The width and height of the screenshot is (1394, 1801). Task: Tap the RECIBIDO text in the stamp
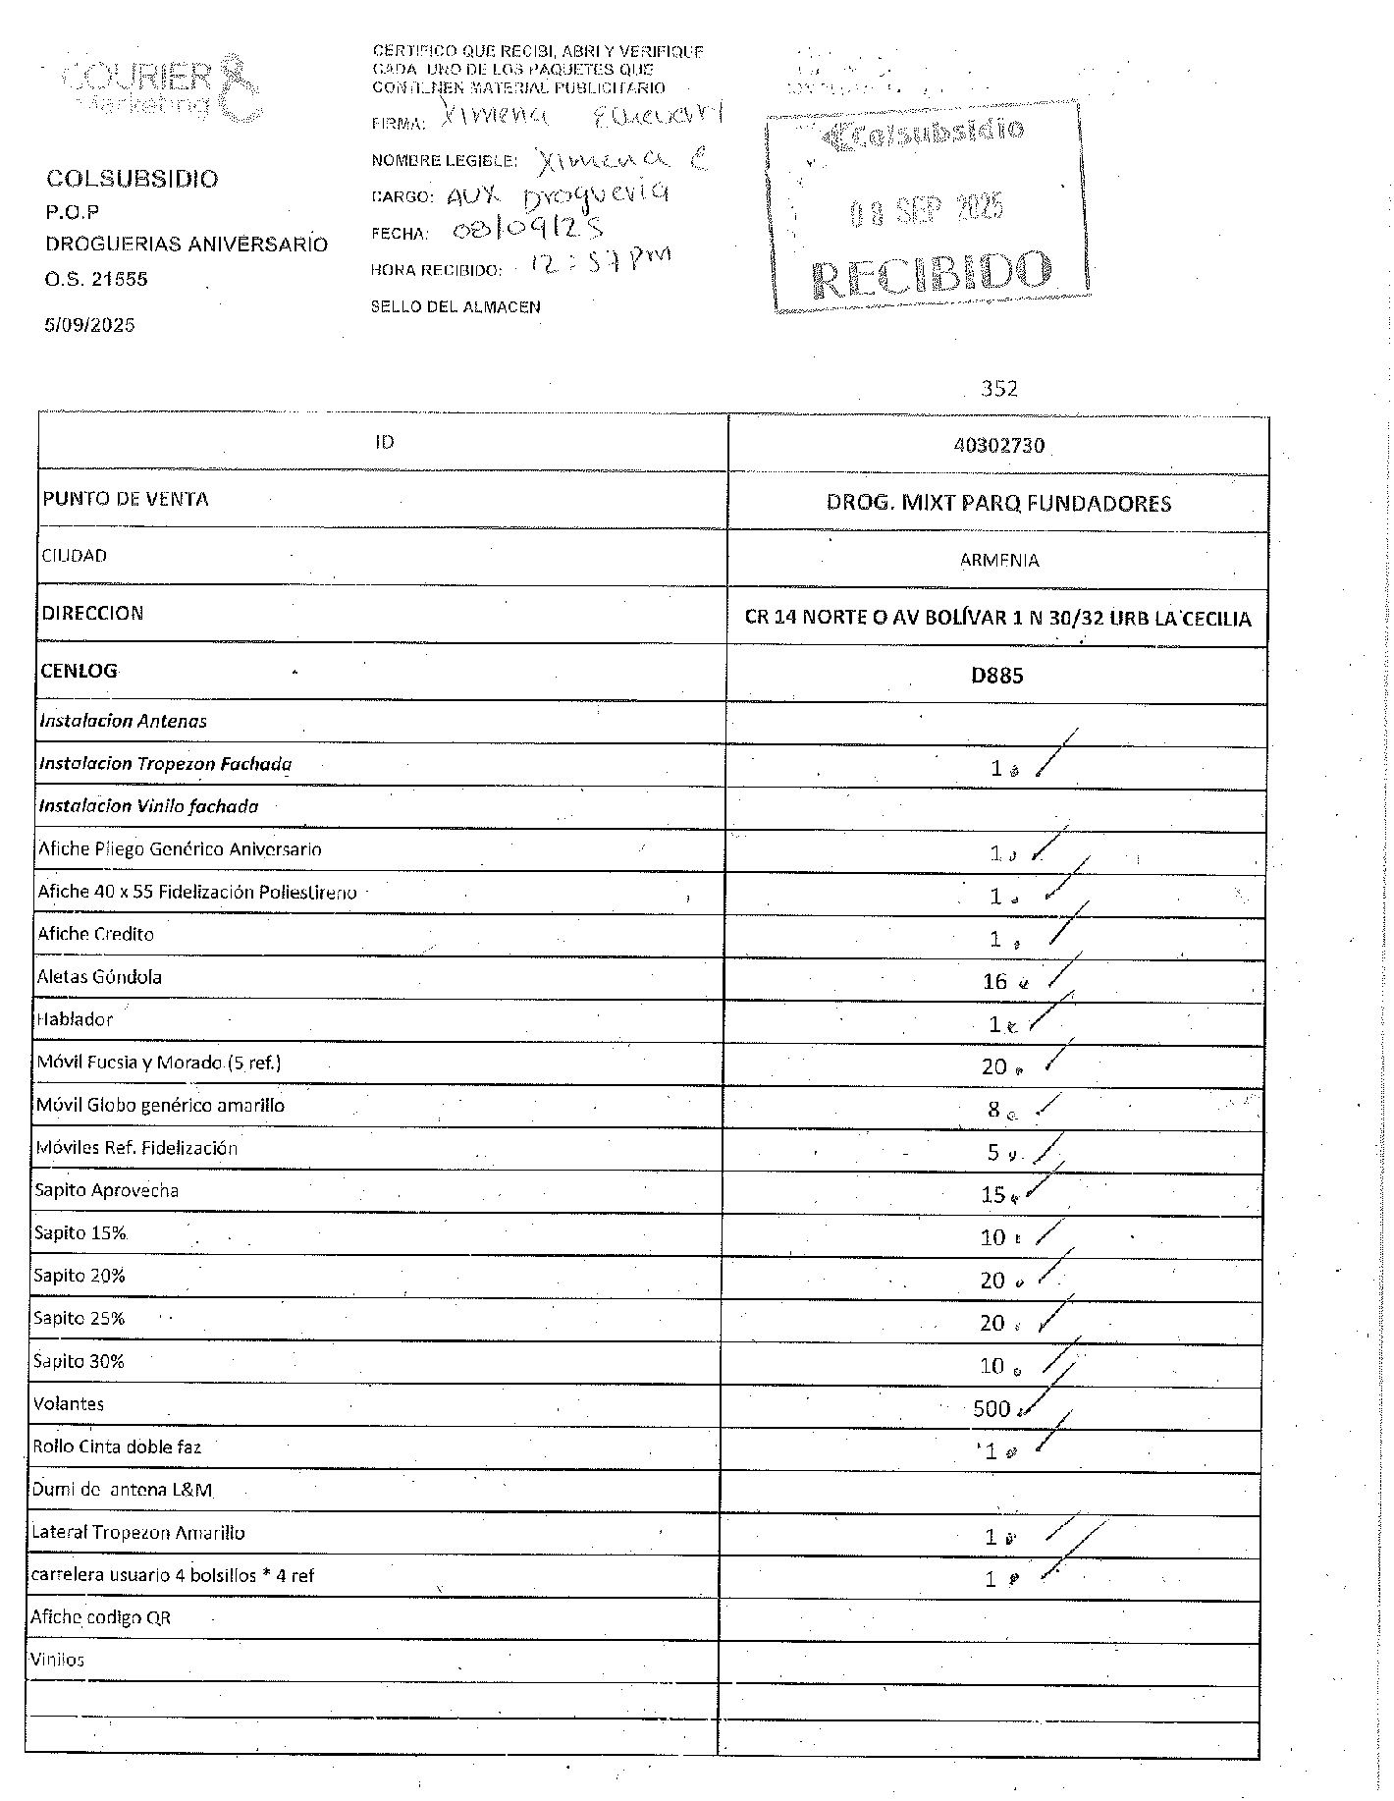(x=932, y=275)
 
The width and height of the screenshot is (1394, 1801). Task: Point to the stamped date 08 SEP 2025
(x=927, y=208)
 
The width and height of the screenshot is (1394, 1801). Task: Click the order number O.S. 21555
(x=96, y=279)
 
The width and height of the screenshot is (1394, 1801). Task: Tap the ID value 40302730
(x=998, y=446)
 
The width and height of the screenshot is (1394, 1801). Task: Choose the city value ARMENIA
(x=998, y=561)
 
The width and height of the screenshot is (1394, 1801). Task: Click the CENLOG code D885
(x=997, y=675)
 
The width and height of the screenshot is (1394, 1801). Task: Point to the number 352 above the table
(x=999, y=389)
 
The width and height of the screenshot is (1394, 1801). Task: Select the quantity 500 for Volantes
(x=992, y=1409)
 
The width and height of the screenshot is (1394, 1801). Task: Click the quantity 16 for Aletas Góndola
(x=994, y=981)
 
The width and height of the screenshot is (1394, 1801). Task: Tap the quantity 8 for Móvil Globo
(x=993, y=1110)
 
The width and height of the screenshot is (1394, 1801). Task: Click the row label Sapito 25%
(x=80, y=1318)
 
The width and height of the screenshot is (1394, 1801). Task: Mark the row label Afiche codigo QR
(x=101, y=1617)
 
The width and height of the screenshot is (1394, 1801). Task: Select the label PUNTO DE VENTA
(x=125, y=499)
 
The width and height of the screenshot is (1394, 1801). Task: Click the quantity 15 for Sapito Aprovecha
(x=992, y=1194)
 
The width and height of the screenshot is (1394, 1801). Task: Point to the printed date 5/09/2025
(x=89, y=325)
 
